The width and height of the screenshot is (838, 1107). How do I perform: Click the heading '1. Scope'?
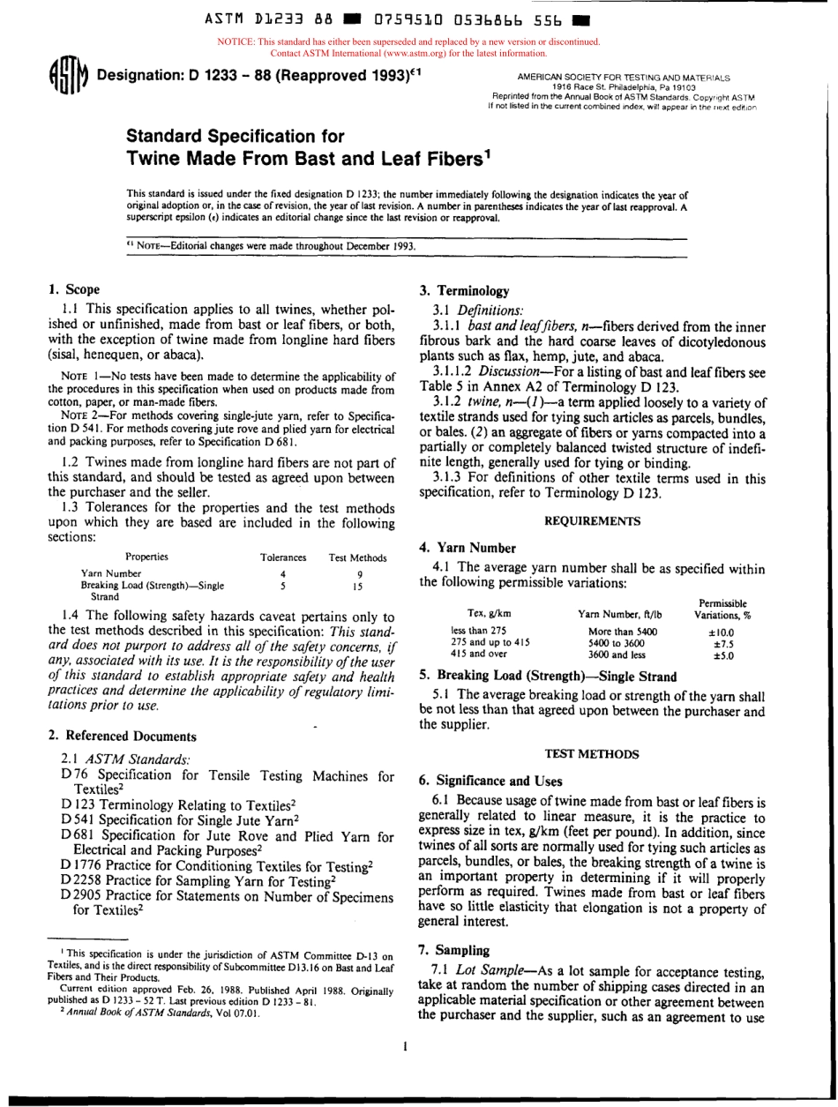[x=74, y=289]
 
